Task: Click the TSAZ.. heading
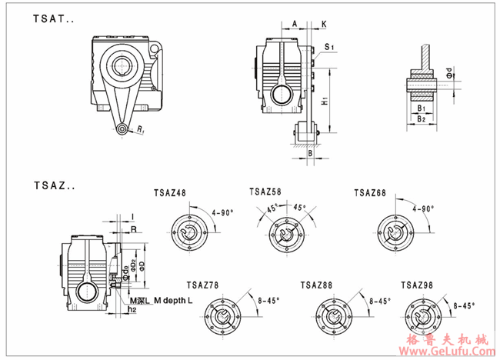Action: click(53, 185)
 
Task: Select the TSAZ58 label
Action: click(266, 191)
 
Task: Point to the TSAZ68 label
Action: click(370, 191)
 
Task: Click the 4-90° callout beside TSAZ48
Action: click(222, 212)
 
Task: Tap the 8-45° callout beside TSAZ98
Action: click(465, 305)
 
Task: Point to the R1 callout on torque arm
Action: click(142, 133)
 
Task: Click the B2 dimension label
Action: click(421, 119)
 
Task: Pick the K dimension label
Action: click(323, 24)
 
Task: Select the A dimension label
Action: click(295, 24)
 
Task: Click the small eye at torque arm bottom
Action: click(122, 129)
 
